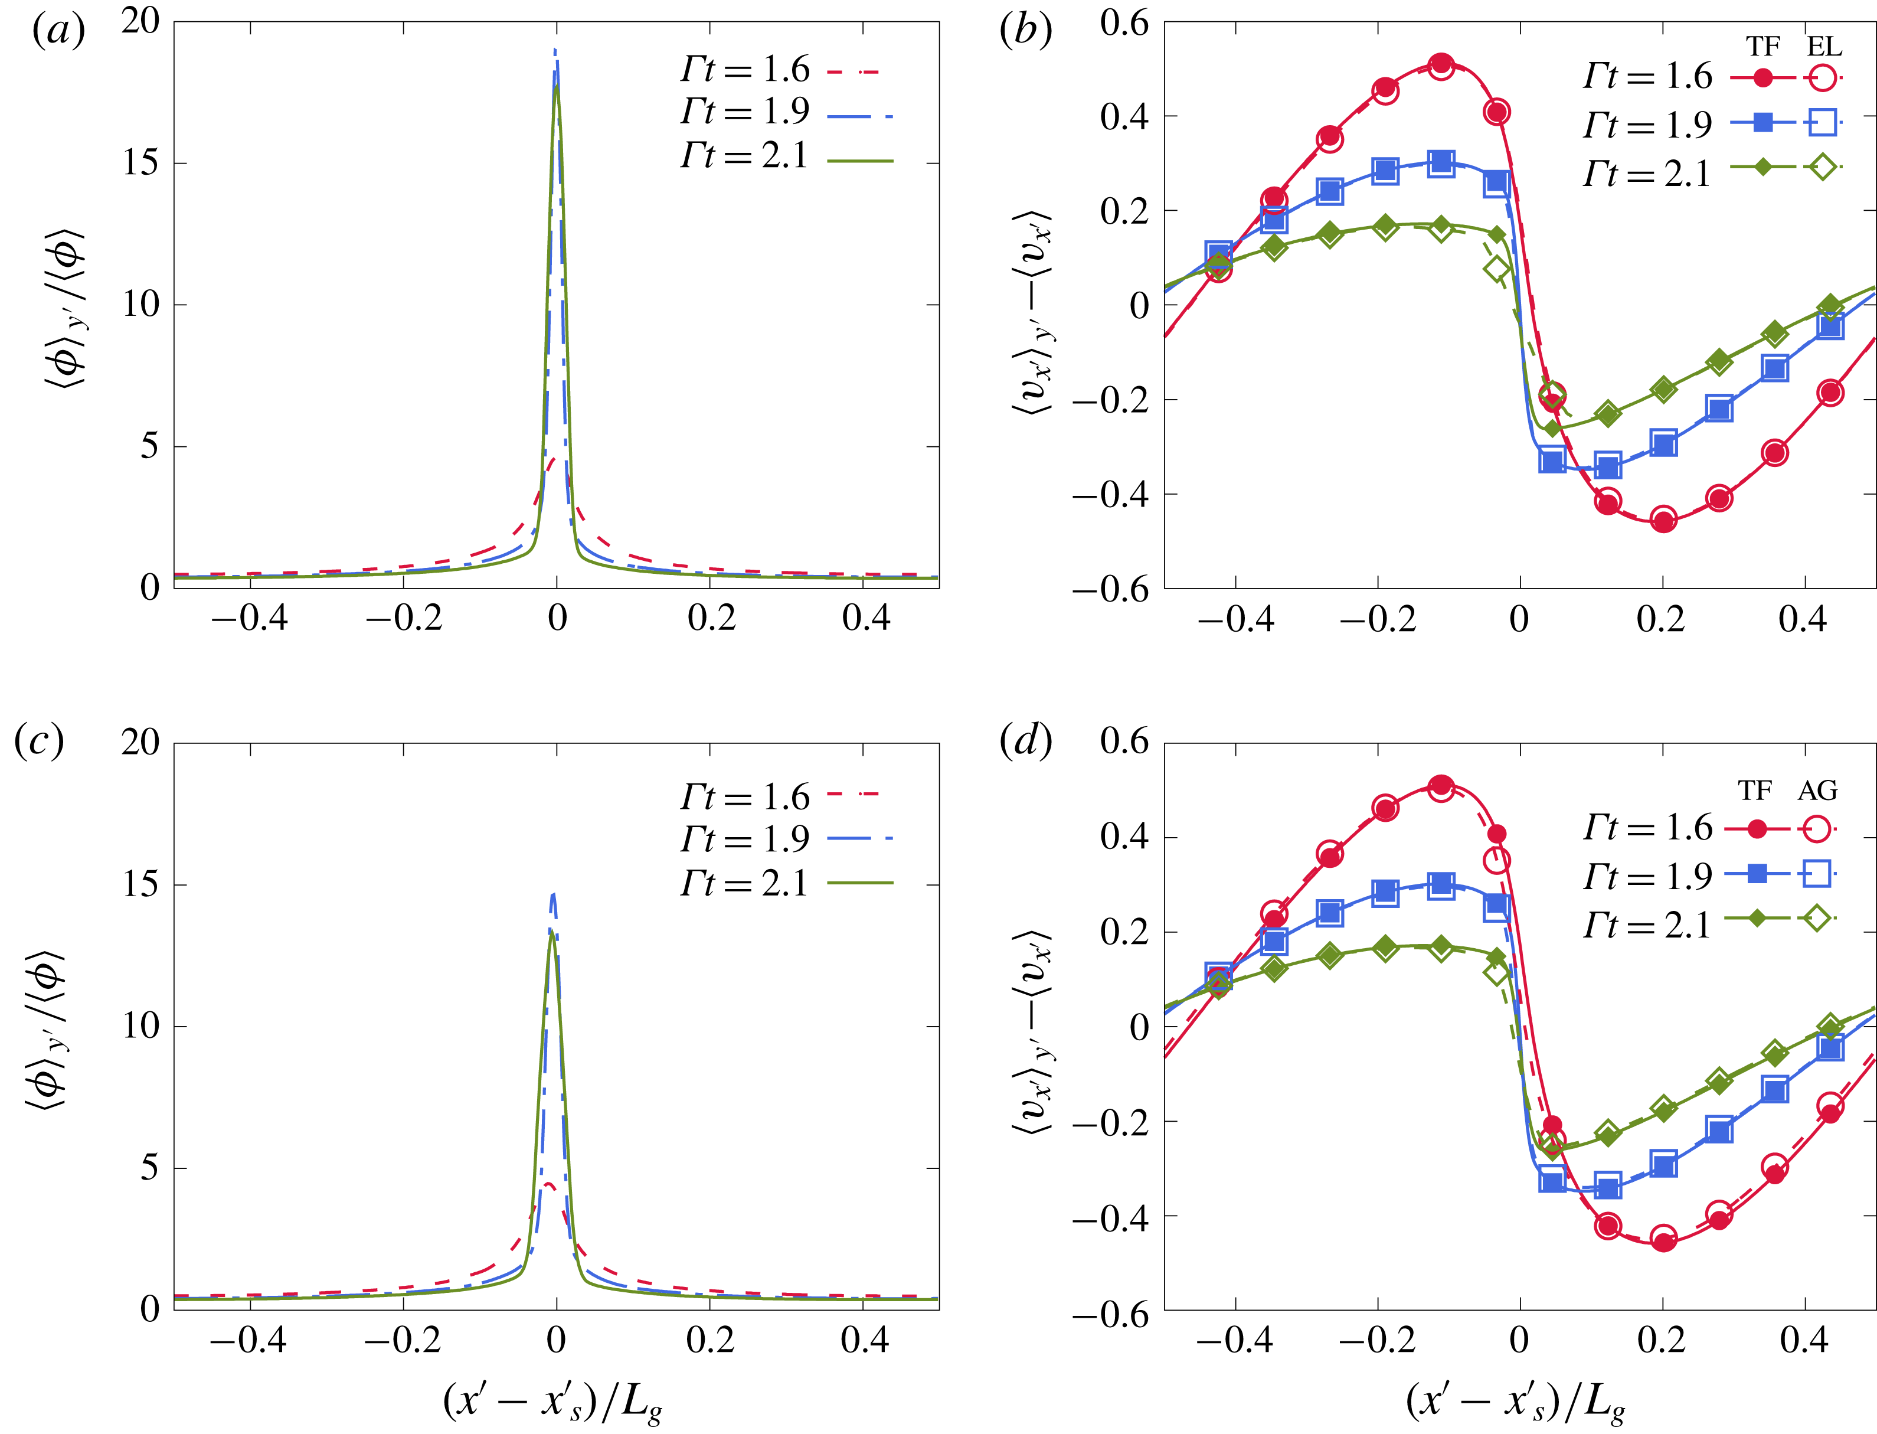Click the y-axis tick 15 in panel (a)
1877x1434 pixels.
(140, 162)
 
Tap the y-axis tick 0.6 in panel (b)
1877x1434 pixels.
(1124, 23)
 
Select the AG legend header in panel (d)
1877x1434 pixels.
(1816, 791)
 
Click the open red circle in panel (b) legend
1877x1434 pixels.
(1822, 78)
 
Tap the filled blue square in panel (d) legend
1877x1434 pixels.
(1757, 873)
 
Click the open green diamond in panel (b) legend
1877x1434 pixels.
(1822, 167)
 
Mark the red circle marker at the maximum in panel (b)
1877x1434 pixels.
(1441, 65)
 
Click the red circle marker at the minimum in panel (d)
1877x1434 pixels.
(1663, 1239)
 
